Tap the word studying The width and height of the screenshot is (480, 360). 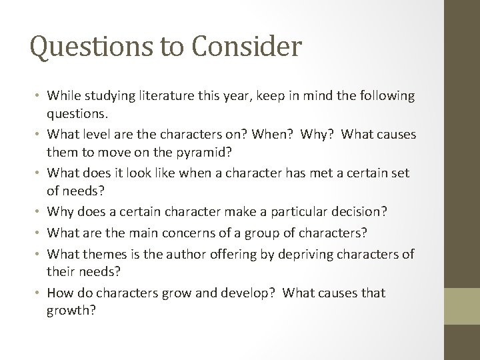click(x=103, y=96)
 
